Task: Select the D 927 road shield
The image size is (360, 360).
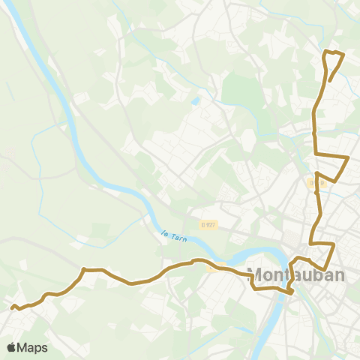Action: [x=209, y=223]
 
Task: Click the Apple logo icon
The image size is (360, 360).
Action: [x=12, y=347]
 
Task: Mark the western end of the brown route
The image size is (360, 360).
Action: [x=12, y=306]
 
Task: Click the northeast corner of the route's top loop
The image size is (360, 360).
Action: [x=343, y=54]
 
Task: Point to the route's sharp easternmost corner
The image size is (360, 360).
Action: [x=349, y=157]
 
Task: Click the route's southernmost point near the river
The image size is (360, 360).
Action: [x=289, y=292]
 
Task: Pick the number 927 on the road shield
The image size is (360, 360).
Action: [x=211, y=223]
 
